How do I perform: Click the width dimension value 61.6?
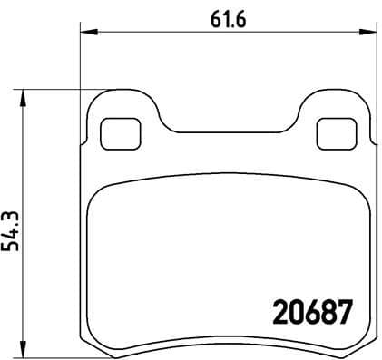[x=226, y=15]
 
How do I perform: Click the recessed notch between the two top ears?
[x=227, y=124]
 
